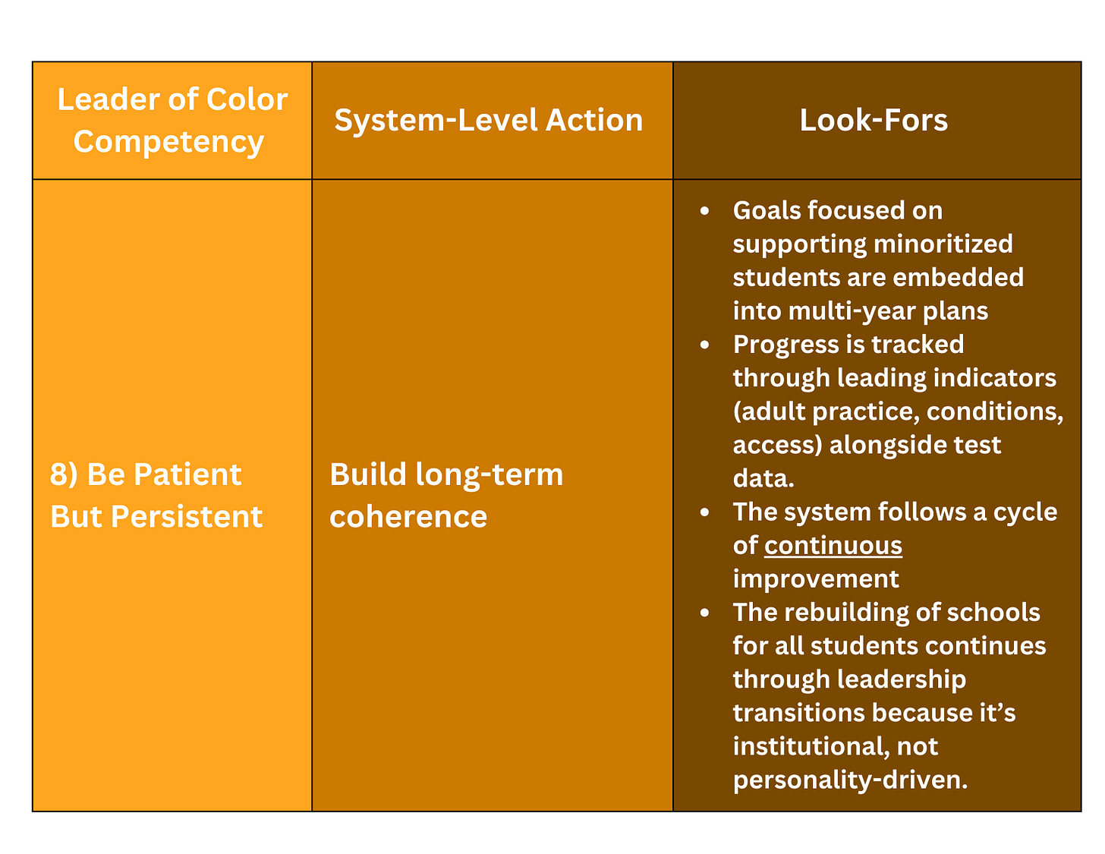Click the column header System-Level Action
point(489,120)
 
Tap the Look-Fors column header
point(874,120)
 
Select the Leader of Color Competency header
point(172,120)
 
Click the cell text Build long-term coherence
point(446,495)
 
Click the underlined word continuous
point(833,545)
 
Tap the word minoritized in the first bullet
point(943,244)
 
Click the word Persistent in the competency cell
point(187,517)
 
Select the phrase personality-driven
point(850,780)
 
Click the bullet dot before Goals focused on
point(705,210)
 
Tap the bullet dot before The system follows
point(705,512)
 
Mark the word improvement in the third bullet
point(816,578)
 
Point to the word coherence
point(408,517)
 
